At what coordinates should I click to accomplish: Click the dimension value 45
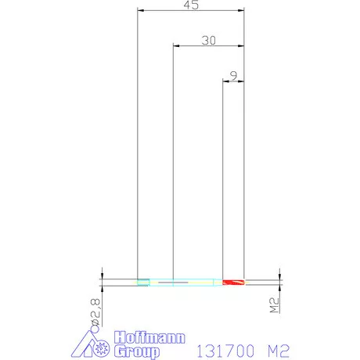coord(191,5)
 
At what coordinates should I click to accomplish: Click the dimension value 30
coord(209,41)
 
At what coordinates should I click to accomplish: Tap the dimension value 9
coord(234,76)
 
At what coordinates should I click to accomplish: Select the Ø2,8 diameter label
coord(95,312)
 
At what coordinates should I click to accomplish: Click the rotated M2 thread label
coord(274,305)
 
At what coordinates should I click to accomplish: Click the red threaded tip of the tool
coord(233,282)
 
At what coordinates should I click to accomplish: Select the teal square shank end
coord(143,282)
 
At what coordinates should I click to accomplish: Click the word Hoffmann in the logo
coord(149,337)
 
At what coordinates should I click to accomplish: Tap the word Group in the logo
coord(137,351)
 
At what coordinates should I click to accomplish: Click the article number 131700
coord(225,351)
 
